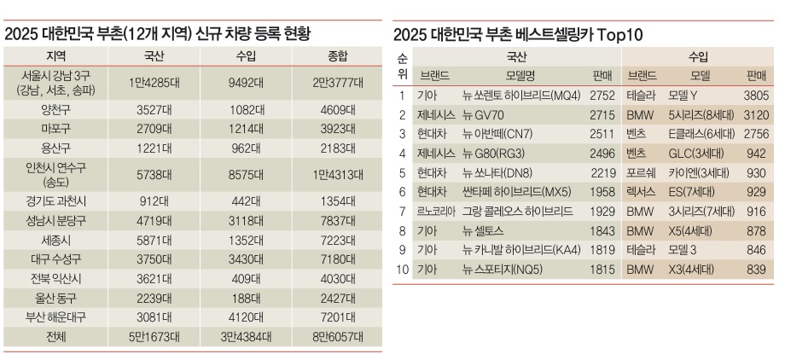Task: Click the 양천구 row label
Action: [55, 110]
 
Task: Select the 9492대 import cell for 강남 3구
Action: [246, 82]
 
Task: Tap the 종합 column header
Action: [338, 56]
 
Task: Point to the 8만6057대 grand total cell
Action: [338, 336]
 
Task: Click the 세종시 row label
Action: [55, 240]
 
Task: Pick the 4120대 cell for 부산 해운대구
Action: [246, 317]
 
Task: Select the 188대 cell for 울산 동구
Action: [246, 298]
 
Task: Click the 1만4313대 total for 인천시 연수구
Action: [338, 175]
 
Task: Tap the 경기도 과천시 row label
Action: [55, 202]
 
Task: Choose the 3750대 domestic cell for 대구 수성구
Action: [154, 259]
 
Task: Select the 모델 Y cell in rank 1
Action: [683, 96]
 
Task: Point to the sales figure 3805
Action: [755, 96]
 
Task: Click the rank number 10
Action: [402, 270]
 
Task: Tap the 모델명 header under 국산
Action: [520, 76]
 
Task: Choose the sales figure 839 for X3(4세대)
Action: [756, 270]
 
